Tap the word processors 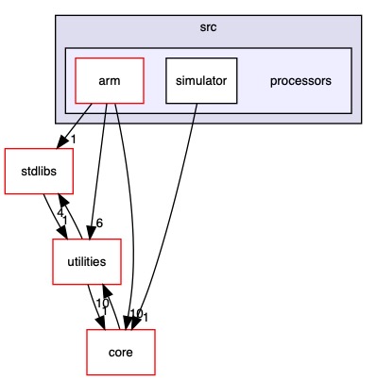coord(300,81)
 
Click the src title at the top coord(208,27)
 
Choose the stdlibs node coord(32,172)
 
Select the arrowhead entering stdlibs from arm coord(60,143)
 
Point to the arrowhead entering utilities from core coord(105,287)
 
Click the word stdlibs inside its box coord(32,172)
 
